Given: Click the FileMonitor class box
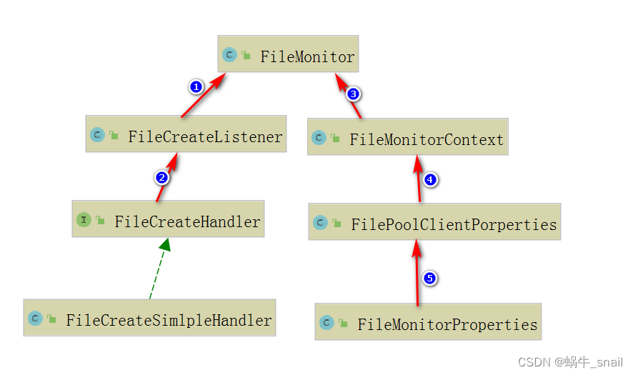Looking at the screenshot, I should click(x=288, y=54).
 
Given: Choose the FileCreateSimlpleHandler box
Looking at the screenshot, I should click(x=149, y=318).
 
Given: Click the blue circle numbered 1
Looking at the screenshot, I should click(x=196, y=86).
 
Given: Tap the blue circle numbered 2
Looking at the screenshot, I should click(x=162, y=177).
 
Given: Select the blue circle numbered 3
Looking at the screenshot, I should click(x=352, y=94).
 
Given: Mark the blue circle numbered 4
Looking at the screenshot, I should click(x=430, y=179).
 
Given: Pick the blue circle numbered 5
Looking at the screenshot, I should click(x=429, y=278).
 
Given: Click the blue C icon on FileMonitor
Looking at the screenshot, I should click(x=229, y=54).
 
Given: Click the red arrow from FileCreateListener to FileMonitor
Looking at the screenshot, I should click(x=204, y=96).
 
